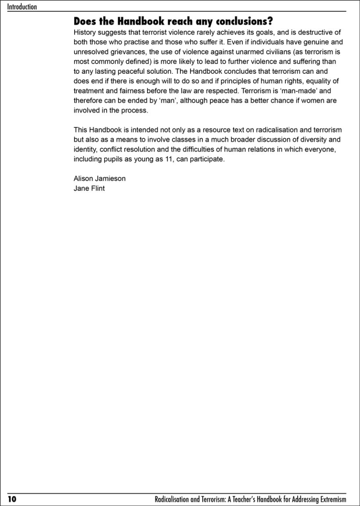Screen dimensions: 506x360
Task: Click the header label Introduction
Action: tap(22, 7)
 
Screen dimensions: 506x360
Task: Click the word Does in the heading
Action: tap(84, 21)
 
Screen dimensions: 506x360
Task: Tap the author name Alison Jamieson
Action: tap(100, 179)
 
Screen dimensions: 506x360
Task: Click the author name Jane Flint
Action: tap(89, 189)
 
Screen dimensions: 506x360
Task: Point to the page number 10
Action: tap(11, 499)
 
